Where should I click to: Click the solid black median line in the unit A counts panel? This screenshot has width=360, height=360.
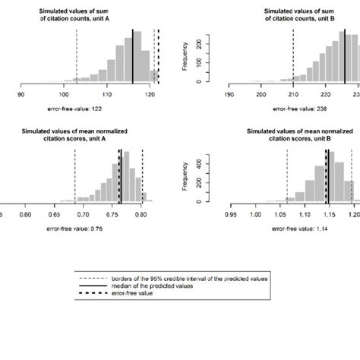(x=132, y=56)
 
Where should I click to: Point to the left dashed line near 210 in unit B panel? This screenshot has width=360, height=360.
(x=292, y=57)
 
